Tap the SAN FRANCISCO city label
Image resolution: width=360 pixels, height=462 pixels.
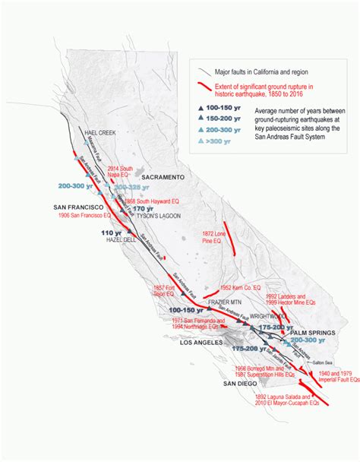coord(77,207)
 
